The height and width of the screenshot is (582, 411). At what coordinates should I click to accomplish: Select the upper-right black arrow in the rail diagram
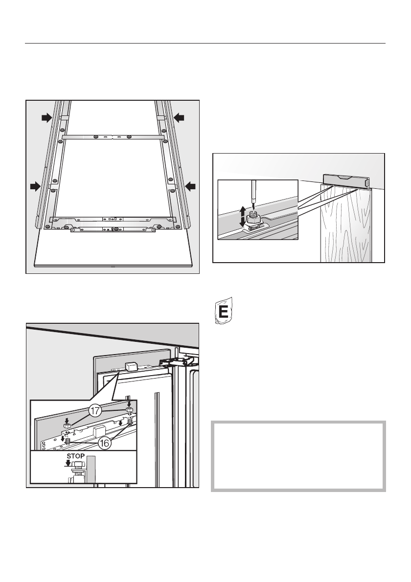[x=179, y=117]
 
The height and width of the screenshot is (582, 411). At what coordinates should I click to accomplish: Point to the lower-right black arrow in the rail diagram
[x=190, y=186]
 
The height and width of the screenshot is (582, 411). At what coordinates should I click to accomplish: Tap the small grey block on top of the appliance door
[x=132, y=365]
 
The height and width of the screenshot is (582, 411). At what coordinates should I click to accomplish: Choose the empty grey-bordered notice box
[x=298, y=455]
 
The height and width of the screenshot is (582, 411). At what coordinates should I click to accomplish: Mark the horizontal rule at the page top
[x=205, y=43]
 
